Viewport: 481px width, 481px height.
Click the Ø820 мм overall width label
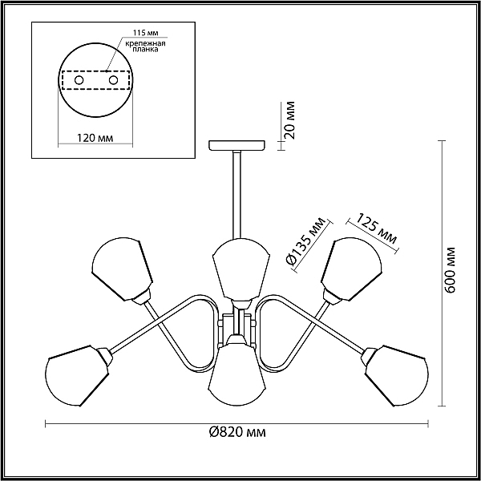[237, 433]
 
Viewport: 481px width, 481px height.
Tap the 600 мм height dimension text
[450, 269]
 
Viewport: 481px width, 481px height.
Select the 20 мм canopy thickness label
[289, 120]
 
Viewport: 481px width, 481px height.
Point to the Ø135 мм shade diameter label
[305, 240]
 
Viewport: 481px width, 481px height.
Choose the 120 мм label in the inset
[95, 138]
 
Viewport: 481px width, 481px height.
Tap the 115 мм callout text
[146, 33]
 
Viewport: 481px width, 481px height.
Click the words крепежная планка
[145, 46]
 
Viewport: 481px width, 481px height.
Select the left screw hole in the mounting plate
[79, 80]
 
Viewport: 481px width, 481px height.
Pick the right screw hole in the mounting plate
[113, 80]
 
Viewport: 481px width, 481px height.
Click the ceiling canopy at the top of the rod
[236, 145]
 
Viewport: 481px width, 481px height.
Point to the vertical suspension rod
[237, 195]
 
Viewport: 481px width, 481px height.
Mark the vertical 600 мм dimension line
[442, 273]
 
